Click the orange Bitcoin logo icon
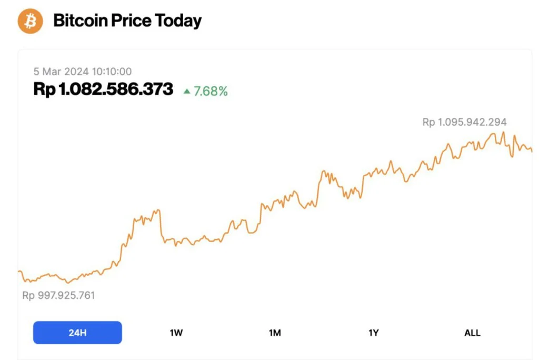pos(30,21)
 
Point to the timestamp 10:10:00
pos(114,72)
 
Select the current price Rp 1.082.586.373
pos(103,89)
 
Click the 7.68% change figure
pos(211,91)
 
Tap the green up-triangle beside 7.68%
pos(186,91)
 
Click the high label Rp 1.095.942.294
pos(464,122)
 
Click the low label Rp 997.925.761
pos(58,295)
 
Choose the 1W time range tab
pos(176,333)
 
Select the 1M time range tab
pos(275,333)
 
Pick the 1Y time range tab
pos(373,333)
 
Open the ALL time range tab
pos(472,333)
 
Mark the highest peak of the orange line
pos(504,132)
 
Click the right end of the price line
pos(532,152)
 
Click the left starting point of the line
pos(19,271)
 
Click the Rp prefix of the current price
pos(44,89)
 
